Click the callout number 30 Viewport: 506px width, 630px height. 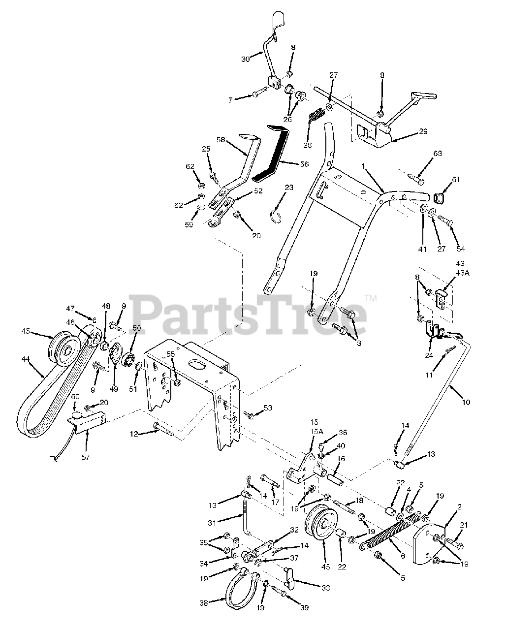tap(246, 59)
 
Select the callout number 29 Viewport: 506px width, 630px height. tap(423, 131)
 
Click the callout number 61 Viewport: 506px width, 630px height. tap(456, 180)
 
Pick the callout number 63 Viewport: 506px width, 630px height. tap(438, 154)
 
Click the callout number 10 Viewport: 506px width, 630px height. tap(466, 402)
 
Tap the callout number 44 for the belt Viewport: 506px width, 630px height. tap(26, 359)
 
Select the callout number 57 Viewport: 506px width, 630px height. tap(86, 457)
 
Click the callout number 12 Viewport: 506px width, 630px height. tap(134, 434)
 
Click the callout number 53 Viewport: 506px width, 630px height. tap(268, 408)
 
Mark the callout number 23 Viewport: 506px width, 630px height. tap(289, 188)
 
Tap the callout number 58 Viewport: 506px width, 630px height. tap(221, 140)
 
